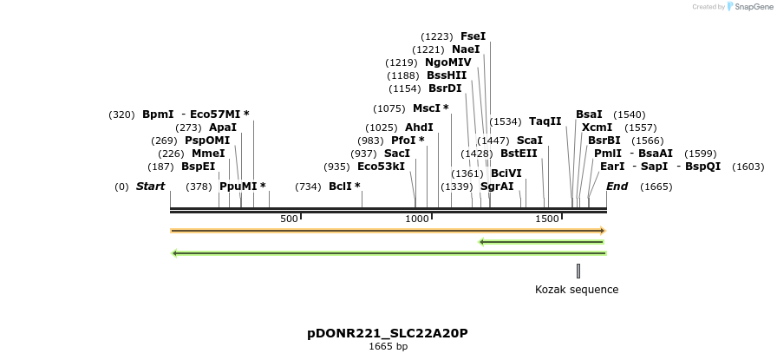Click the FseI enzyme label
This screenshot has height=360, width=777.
(x=473, y=36)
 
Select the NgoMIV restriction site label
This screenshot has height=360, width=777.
(x=447, y=62)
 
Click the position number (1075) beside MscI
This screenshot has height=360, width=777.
(x=389, y=108)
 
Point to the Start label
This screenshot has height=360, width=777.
(x=150, y=187)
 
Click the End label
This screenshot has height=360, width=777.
(x=617, y=187)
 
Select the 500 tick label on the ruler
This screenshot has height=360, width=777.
(x=289, y=219)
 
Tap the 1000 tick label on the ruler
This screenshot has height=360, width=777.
(x=417, y=219)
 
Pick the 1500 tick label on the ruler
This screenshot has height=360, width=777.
(x=547, y=219)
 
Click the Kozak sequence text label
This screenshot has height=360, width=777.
(x=577, y=290)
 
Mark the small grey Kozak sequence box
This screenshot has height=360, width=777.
(x=578, y=272)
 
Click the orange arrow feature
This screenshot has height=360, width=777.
(x=387, y=231)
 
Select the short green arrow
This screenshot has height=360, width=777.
(x=541, y=242)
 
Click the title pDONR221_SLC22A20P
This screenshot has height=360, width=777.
(x=388, y=333)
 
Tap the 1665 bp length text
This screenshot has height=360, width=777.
(x=388, y=347)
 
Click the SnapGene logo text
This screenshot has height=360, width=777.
(x=750, y=7)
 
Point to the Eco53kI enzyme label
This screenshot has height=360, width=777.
(x=381, y=167)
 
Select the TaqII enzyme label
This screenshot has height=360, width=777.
(x=545, y=121)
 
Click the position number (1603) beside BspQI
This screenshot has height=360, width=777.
(x=748, y=167)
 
